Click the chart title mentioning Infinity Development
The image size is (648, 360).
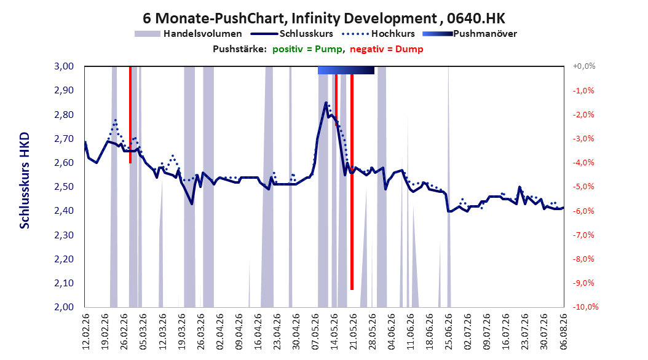(x=324, y=18)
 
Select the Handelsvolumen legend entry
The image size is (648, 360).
(x=189, y=34)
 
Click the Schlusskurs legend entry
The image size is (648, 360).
(x=292, y=34)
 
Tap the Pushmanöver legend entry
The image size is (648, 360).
(x=470, y=34)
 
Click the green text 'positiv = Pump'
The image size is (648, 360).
(x=307, y=49)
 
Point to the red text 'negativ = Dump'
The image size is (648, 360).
(x=387, y=49)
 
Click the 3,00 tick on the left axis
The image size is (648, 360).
(x=64, y=66)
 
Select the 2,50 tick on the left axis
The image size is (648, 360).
(x=64, y=187)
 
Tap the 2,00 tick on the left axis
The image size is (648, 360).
(x=64, y=307)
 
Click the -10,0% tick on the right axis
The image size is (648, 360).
(x=585, y=307)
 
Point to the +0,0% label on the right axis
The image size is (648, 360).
(x=584, y=66)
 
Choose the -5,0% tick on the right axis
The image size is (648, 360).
(x=583, y=187)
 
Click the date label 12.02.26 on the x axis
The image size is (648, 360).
(x=86, y=332)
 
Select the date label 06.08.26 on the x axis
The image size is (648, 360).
(x=564, y=332)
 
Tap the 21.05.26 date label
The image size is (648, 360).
(x=353, y=332)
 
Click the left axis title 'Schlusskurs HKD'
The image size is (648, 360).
(x=25, y=181)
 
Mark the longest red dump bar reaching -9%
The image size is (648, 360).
(x=352, y=182)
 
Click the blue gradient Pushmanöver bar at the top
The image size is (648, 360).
(x=346, y=70)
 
